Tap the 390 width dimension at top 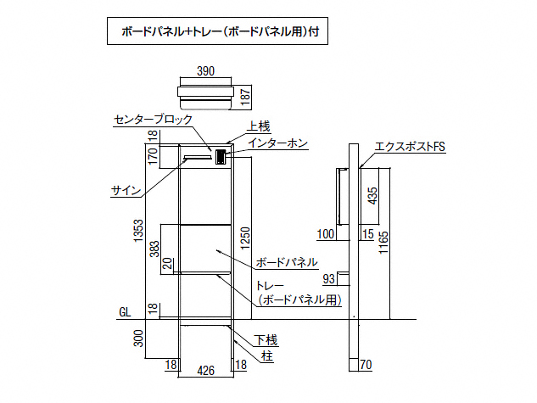[205, 72]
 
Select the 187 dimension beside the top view [245, 96]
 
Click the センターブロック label [153, 120]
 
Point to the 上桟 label [258, 126]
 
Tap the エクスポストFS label [410, 147]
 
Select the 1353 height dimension [139, 231]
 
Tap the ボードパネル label [286, 261]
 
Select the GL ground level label [125, 313]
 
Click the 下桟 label [267, 341]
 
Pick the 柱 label [267, 356]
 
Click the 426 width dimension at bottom [205, 369]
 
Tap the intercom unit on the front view [221, 156]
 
